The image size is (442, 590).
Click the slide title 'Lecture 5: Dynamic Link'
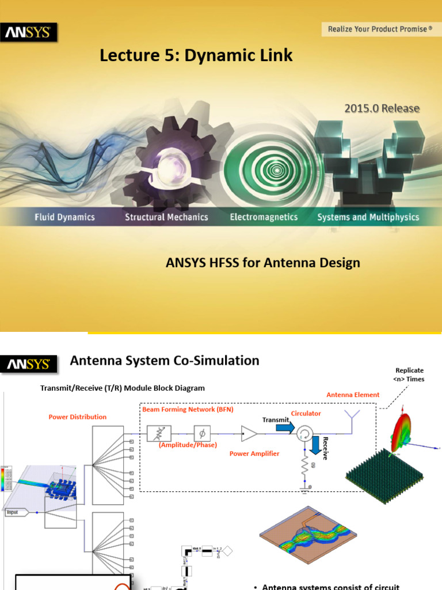point(196,55)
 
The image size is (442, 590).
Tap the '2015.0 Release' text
point(382,108)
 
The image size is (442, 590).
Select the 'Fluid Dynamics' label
point(64,217)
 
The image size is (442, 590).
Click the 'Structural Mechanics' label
point(166,217)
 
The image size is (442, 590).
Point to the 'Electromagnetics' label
point(264,217)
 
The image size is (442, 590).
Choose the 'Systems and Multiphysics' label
point(368,217)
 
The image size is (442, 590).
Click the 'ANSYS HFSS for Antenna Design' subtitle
point(263,263)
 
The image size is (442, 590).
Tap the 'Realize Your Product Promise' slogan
point(380,29)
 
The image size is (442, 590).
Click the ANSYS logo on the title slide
point(29,33)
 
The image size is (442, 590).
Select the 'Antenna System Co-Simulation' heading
point(165,361)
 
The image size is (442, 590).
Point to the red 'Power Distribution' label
point(78,417)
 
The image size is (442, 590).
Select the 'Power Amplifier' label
point(254,453)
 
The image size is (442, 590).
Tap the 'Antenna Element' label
point(353,395)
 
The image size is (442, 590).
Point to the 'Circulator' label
point(306,413)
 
